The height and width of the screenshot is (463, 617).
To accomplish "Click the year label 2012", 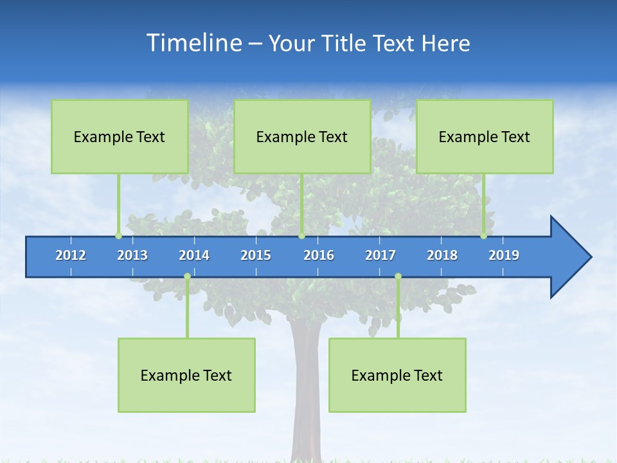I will [x=71, y=255].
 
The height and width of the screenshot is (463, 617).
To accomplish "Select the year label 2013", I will [x=132, y=255].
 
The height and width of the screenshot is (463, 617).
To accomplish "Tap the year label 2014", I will [x=194, y=255].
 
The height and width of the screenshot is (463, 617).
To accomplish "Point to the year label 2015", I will [x=256, y=255].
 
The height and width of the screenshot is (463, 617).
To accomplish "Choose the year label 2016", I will [x=319, y=255].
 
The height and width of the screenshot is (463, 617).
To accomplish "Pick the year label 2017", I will [x=380, y=255].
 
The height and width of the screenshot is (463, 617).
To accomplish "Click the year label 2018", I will [x=442, y=255].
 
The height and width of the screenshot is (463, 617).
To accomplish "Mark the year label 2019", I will [x=504, y=255].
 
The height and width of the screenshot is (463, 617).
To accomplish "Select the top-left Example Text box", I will [x=120, y=136].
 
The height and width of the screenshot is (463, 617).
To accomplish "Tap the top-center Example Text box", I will [x=302, y=136].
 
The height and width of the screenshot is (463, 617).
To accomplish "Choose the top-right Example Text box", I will [x=485, y=136].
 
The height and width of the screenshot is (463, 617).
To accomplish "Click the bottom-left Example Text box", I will [x=186, y=375].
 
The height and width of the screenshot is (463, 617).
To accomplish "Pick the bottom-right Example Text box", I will [x=397, y=375].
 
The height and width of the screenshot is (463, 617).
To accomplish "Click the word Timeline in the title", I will [x=193, y=43].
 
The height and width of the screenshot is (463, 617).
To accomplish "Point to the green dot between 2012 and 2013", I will [x=118, y=236].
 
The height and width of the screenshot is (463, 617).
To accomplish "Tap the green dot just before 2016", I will [x=301, y=236].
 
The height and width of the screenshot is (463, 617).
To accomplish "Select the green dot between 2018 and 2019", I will [x=484, y=236].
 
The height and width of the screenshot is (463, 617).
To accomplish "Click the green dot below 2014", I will [x=187, y=277].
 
